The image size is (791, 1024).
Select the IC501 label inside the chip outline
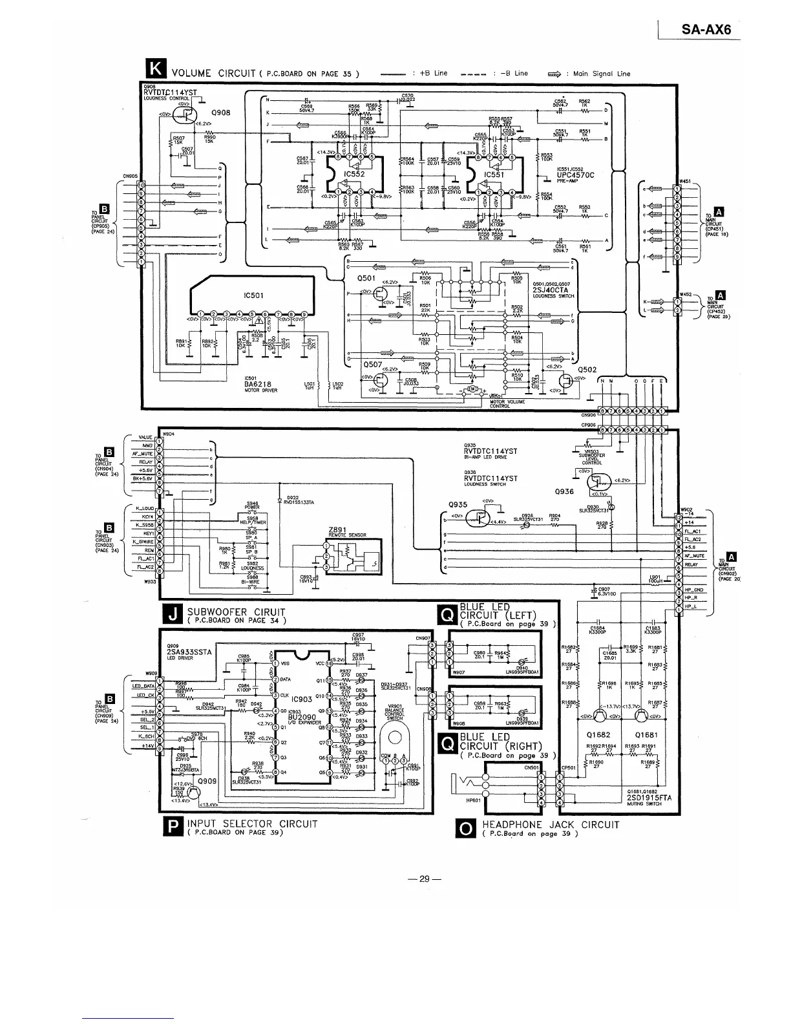pyautogui.click(x=252, y=295)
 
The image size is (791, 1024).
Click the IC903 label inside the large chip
pyautogui.click(x=301, y=699)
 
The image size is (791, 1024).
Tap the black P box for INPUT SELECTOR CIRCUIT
pyautogui.click(x=173, y=827)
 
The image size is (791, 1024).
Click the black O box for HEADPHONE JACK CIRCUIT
pyautogui.click(x=465, y=827)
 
